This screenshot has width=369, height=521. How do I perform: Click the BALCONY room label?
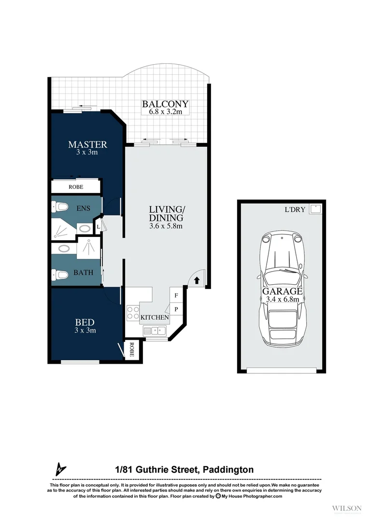click(165, 104)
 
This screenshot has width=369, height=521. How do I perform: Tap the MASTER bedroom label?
click(87, 144)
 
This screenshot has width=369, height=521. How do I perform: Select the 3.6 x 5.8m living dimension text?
click(166, 226)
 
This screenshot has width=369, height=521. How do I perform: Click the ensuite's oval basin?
click(85, 229)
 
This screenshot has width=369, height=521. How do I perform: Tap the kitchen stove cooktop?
click(133, 313)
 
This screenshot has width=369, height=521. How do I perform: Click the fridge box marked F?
click(175, 294)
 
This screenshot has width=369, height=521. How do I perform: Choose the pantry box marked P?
click(175, 309)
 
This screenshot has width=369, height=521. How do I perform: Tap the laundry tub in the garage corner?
click(316, 209)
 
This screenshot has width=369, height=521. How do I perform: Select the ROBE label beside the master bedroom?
click(76, 187)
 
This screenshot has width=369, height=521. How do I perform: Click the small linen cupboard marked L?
click(99, 226)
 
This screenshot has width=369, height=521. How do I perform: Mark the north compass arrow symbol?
click(60, 468)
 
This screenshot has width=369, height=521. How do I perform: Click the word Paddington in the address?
click(228, 469)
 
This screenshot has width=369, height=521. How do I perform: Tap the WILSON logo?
click(347, 508)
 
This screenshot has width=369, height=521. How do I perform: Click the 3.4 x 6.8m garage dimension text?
click(283, 299)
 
